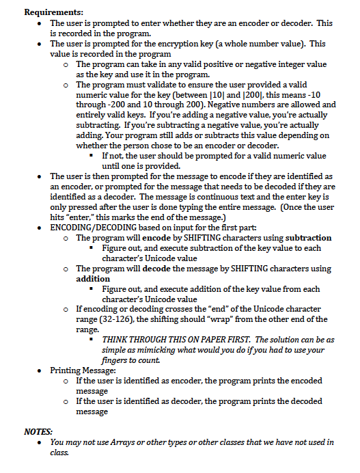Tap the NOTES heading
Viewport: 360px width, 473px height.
[x=38, y=431]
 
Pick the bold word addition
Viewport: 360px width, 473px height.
[x=92, y=279]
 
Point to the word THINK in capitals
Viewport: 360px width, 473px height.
[x=117, y=340]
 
